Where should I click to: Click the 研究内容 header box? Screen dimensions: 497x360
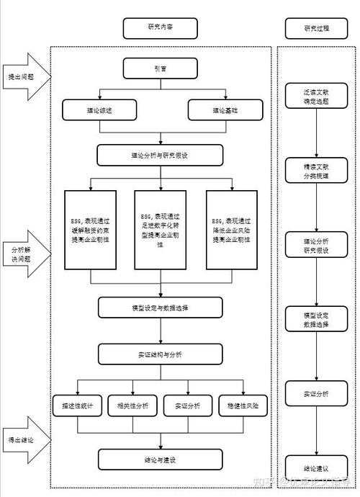[160, 28]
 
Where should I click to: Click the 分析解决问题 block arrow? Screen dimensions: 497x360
[24, 253]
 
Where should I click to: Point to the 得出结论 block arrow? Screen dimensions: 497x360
[24, 440]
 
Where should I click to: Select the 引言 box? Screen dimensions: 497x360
[160, 69]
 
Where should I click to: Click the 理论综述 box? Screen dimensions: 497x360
[99, 111]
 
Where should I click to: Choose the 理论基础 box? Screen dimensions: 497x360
[224, 111]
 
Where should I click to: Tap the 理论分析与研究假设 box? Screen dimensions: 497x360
[160, 156]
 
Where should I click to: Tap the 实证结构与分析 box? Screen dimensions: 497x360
[160, 354]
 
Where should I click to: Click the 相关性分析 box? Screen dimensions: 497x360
[133, 406]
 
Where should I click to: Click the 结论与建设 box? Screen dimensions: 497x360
[160, 459]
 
